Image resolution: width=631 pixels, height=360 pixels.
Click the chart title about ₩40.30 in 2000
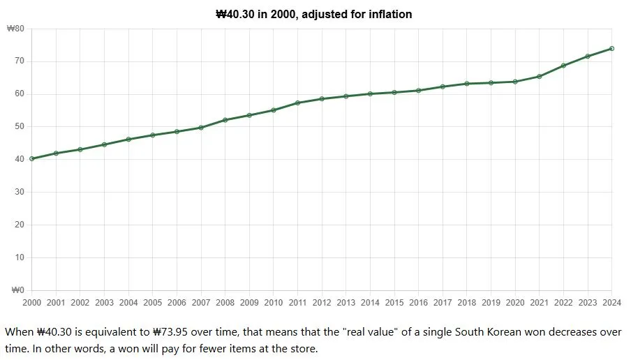coord(314,14)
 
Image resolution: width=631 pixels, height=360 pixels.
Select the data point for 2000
coord(32,159)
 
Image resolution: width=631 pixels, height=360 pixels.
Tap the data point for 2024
coord(611,48)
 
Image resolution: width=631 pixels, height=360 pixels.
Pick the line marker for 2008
coord(225,120)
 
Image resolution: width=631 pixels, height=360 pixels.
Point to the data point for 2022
coord(563,66)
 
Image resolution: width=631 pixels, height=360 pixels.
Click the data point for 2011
coord(297,103)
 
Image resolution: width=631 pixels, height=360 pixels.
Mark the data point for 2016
coord(418,91)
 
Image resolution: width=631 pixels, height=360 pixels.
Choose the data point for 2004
coord(128,140)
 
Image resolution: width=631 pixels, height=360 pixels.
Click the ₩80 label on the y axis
coord(15,29)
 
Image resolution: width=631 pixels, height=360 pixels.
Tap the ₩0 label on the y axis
coord(17,290)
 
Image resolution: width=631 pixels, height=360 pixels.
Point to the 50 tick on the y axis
coord(20,127)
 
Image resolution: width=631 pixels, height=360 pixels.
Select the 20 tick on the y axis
coord(20,225)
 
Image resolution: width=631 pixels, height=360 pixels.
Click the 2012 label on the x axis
coord(322,302)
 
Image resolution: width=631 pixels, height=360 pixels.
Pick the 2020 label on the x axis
coord(515,302)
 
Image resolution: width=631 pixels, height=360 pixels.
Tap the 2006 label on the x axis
coord(177,302)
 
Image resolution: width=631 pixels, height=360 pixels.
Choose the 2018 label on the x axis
coord(466,302)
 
